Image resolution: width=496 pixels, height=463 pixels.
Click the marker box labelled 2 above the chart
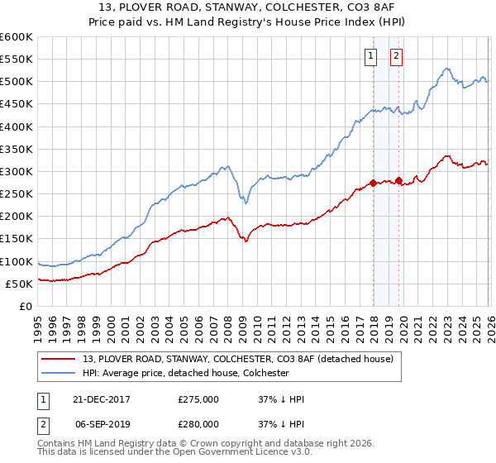396,56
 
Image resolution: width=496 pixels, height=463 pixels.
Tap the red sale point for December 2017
373,183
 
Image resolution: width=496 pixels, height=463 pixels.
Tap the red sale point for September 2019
398,180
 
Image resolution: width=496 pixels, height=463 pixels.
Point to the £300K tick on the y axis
17,172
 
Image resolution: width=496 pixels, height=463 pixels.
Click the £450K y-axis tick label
17,104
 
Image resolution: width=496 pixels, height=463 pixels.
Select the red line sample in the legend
60,359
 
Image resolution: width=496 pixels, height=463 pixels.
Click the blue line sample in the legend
60,373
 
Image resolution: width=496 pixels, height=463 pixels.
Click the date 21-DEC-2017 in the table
97,399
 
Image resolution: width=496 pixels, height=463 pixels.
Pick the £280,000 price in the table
198,424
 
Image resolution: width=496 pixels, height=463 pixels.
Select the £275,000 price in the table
198,399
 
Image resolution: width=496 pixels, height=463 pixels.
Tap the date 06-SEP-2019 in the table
97,424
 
